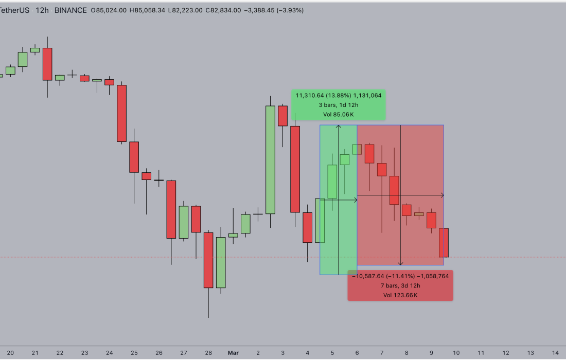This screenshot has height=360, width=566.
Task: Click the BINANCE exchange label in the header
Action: pyautogui.click(x=70, y=10)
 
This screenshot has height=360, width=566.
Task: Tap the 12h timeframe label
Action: pyautogui.click(x=41, y=10)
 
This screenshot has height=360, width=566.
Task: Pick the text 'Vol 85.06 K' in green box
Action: pyautogui.click(x=338, y=115)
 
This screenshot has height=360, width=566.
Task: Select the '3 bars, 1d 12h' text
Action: pyautogui.click(x=338, y=105)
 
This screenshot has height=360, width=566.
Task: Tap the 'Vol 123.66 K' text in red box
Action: pyautogui.click(x=400, y=295)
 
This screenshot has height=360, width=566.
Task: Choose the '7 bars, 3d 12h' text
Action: pyautogui.click(x=400, y=285)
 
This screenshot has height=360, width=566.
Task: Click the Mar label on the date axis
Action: pyautogui.click(x=233, y=353)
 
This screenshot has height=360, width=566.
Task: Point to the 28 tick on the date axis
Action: pyautogui.click(x=208, y=353)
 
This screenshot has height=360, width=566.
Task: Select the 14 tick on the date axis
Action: pyautogui.click(x=555, y=353)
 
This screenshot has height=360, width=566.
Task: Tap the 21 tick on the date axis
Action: pyautogui.click(x=35, y=353)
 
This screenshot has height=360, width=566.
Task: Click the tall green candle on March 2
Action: pyautogui.click(x=270, y=159)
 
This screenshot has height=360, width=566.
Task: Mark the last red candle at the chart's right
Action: pyautogui.click(x=444, y=242)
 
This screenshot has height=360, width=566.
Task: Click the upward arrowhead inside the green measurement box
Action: pyautogui.click(x=339, y=127)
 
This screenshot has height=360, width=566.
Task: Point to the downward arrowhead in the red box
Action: pyautogui.click(x=401, y=263)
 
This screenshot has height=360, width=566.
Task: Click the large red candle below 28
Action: pyautogui.click(x=208, y=260)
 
